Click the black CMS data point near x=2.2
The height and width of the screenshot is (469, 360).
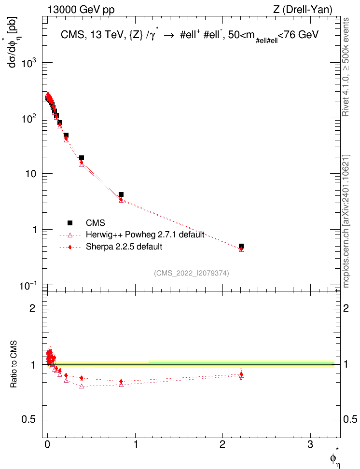coord(241,246)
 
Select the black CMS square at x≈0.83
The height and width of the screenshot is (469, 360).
coord(121,194)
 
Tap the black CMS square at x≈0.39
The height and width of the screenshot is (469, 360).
coord(82,158)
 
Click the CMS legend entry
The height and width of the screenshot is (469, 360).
coord(95,222)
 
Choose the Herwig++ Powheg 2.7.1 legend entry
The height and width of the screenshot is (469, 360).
coord(144,234)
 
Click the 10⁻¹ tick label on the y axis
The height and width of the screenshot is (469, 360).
coord(31,285)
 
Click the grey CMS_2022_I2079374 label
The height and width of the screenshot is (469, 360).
coord(192,273)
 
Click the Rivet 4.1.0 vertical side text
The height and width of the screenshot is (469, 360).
coord(346,72)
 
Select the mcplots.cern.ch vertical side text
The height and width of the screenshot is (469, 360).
coord(346,222)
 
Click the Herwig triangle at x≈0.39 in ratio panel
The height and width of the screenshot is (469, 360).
coord(82,386)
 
